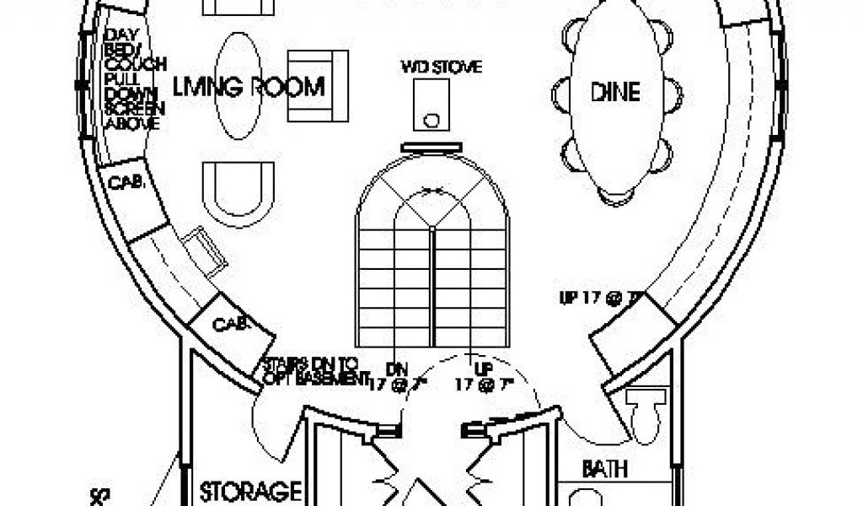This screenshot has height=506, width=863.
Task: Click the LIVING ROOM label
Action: coord(249,87)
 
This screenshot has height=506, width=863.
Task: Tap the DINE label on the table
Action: coord(614,91)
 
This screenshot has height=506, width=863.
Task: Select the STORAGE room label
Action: coord(251,490)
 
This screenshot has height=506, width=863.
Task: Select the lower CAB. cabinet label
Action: coord(230,323)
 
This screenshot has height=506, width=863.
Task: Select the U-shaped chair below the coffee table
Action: coord(239,193)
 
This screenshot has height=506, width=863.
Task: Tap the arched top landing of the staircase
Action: coord(432,194)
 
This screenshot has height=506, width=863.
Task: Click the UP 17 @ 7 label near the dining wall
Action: coord(601,298)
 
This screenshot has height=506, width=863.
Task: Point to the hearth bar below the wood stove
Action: coord(432,147)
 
